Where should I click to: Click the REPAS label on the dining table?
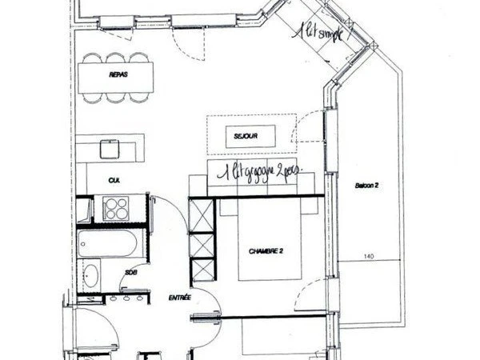(118, 75)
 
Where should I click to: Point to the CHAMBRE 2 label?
(266, 250)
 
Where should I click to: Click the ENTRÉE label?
(179, 298)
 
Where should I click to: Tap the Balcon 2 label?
(366, 185)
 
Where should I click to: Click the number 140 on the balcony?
(369, 256)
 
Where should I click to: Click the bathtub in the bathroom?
(108, 242)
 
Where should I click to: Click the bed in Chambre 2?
(269, 240)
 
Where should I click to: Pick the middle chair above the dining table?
(118, 58)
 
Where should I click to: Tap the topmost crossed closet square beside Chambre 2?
(203, 214)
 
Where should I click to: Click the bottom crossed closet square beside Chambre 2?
(204, 269)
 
